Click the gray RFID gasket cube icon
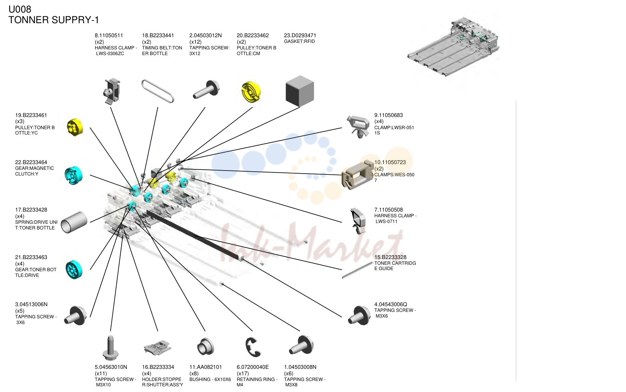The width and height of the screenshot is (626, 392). click(x=300, y=91)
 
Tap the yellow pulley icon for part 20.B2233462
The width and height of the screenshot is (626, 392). click(x=251, y=92)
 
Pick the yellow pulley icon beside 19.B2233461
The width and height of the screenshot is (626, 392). click(x=75, y=127)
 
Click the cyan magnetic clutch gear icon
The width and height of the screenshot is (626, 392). click(x=74, y=175)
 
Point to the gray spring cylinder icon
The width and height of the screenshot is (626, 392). click(x=74, y=222)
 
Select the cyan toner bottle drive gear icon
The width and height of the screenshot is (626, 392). click(x=74, y=270)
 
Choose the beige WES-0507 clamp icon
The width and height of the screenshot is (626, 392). click(x=358, y=175)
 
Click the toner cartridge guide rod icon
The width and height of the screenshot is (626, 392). click(x=358, y=270)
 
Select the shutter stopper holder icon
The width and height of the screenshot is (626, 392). click(x=157, y=348)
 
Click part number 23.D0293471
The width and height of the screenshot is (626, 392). click(x=300, y=35)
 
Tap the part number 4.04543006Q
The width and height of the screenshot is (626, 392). click(x=390, y=304)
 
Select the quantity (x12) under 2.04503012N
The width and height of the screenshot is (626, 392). click(x=196, y=42)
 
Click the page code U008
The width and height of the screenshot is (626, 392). click(x=20, y=9)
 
